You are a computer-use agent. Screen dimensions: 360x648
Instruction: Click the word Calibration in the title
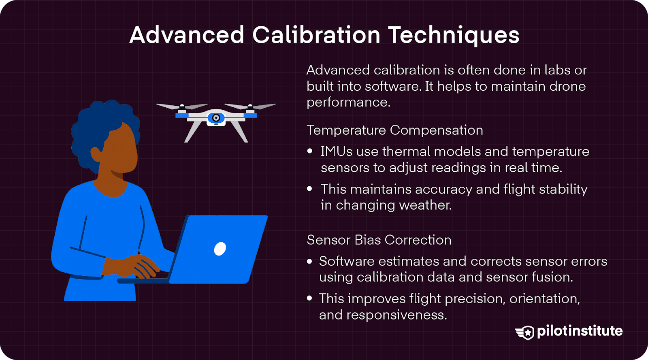[x=316, y=35]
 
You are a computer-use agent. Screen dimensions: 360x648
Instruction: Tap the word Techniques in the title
[x=454, y=35]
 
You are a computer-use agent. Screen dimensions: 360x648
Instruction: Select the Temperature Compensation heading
[x=394, y=130]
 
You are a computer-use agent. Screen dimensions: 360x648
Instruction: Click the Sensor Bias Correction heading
[x=379, y=240]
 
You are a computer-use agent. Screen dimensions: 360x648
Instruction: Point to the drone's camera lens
[x=216, y=118]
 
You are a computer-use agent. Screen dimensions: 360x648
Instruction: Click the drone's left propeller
[x=181, y=106]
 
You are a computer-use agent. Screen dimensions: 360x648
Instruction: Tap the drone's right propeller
[x=250, y=106]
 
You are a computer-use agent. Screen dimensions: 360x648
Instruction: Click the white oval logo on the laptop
[x=220, y=249]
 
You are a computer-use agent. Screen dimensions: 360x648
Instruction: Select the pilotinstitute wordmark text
[x=580, y=331]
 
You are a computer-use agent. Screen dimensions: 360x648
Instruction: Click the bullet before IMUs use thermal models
[x=310, y=151]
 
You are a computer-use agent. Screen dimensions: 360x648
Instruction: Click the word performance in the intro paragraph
[x=348, y=102]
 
